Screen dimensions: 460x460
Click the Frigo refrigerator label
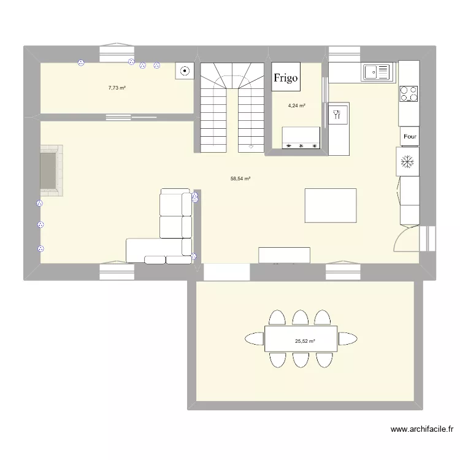pyautogui.click(x=286, y=77)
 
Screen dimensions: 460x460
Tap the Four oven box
pyautogui.click(x=409, y=137)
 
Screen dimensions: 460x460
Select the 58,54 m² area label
pyautogui.click(x=240, y=178)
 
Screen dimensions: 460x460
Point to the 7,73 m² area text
pyautogui.click(x=117, y=88)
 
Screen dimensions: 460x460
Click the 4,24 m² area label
pyautogui.click(x=297, y=105)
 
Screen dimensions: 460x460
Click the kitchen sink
pyautogui.click(x=377, y=72)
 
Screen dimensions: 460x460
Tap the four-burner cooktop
pyautogui.click(x=409, y=93)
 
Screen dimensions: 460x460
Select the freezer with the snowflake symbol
pyautogui.click(x=407, y=162)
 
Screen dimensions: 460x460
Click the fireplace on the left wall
pyautogui.click(x=50, y=171)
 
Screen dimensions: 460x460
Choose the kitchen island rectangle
pyautogui.click(x=331, y=205)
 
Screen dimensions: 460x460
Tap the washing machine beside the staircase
pyautogui.click(x=185, y=72)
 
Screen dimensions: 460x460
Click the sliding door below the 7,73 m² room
pyautogui.click(x=131, y=117)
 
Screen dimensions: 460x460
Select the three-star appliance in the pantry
pyautogui.click(x=301, y=139)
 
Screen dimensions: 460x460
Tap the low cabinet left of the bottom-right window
pyautogui.click(x=284, y=255)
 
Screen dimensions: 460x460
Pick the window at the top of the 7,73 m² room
pyautogui.click(x=117, y=54)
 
